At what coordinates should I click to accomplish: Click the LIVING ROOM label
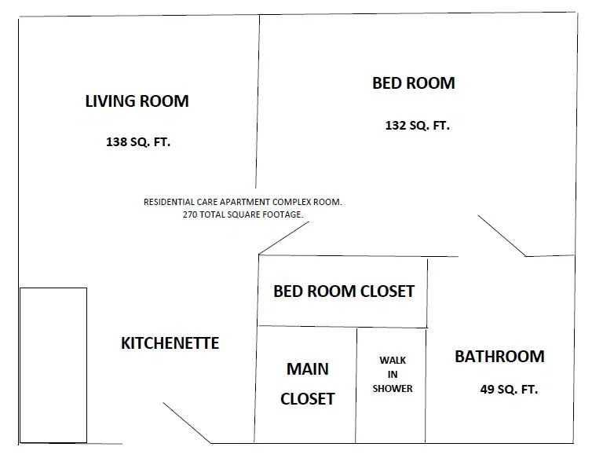coord(137,101)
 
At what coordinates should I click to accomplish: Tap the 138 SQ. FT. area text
coord(138,142)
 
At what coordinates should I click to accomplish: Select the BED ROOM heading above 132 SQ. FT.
coord(414,83)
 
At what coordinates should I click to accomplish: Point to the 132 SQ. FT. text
coord(418,126)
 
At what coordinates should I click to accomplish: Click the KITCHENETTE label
coord(170,343)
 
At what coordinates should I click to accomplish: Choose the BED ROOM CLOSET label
coord(344,291)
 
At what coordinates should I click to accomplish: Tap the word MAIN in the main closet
coord(308,369)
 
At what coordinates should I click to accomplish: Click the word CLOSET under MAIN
coord(308,399)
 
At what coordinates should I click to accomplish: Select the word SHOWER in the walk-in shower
coord(393,389)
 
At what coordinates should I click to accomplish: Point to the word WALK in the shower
coord(393,361)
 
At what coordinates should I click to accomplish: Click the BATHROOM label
coord(499,357)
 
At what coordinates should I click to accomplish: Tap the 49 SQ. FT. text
coord(509,390)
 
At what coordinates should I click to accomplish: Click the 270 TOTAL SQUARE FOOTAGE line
coord(243,214)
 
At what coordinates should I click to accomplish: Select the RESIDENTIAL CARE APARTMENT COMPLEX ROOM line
coord(243,202)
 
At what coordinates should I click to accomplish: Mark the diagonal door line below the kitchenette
coord(187,423)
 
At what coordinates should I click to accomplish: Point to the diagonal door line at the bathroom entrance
coord(502,236)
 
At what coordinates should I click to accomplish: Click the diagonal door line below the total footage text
coord(283,238)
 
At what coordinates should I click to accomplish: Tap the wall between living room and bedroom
coord(258,101)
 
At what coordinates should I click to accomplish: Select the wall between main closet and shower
coord(356,385)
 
